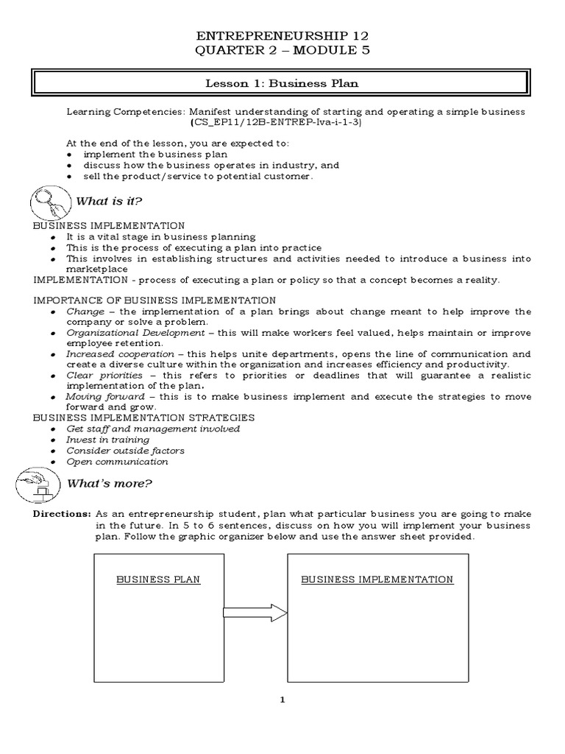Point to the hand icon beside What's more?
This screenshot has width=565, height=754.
pyautogui.click(x=34, y=483)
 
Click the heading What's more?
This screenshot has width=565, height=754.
pyautogui.click(x=109, y=484)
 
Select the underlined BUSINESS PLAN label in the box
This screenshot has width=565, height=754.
pyautogui.click(x=158, y=579)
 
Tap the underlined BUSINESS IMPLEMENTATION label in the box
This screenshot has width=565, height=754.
pyautogui.click(x=377, y=579)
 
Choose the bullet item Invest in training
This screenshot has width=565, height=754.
pyautogui.click(x=107, y=440)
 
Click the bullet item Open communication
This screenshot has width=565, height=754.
pyautogui.click(x=117, y=462)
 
